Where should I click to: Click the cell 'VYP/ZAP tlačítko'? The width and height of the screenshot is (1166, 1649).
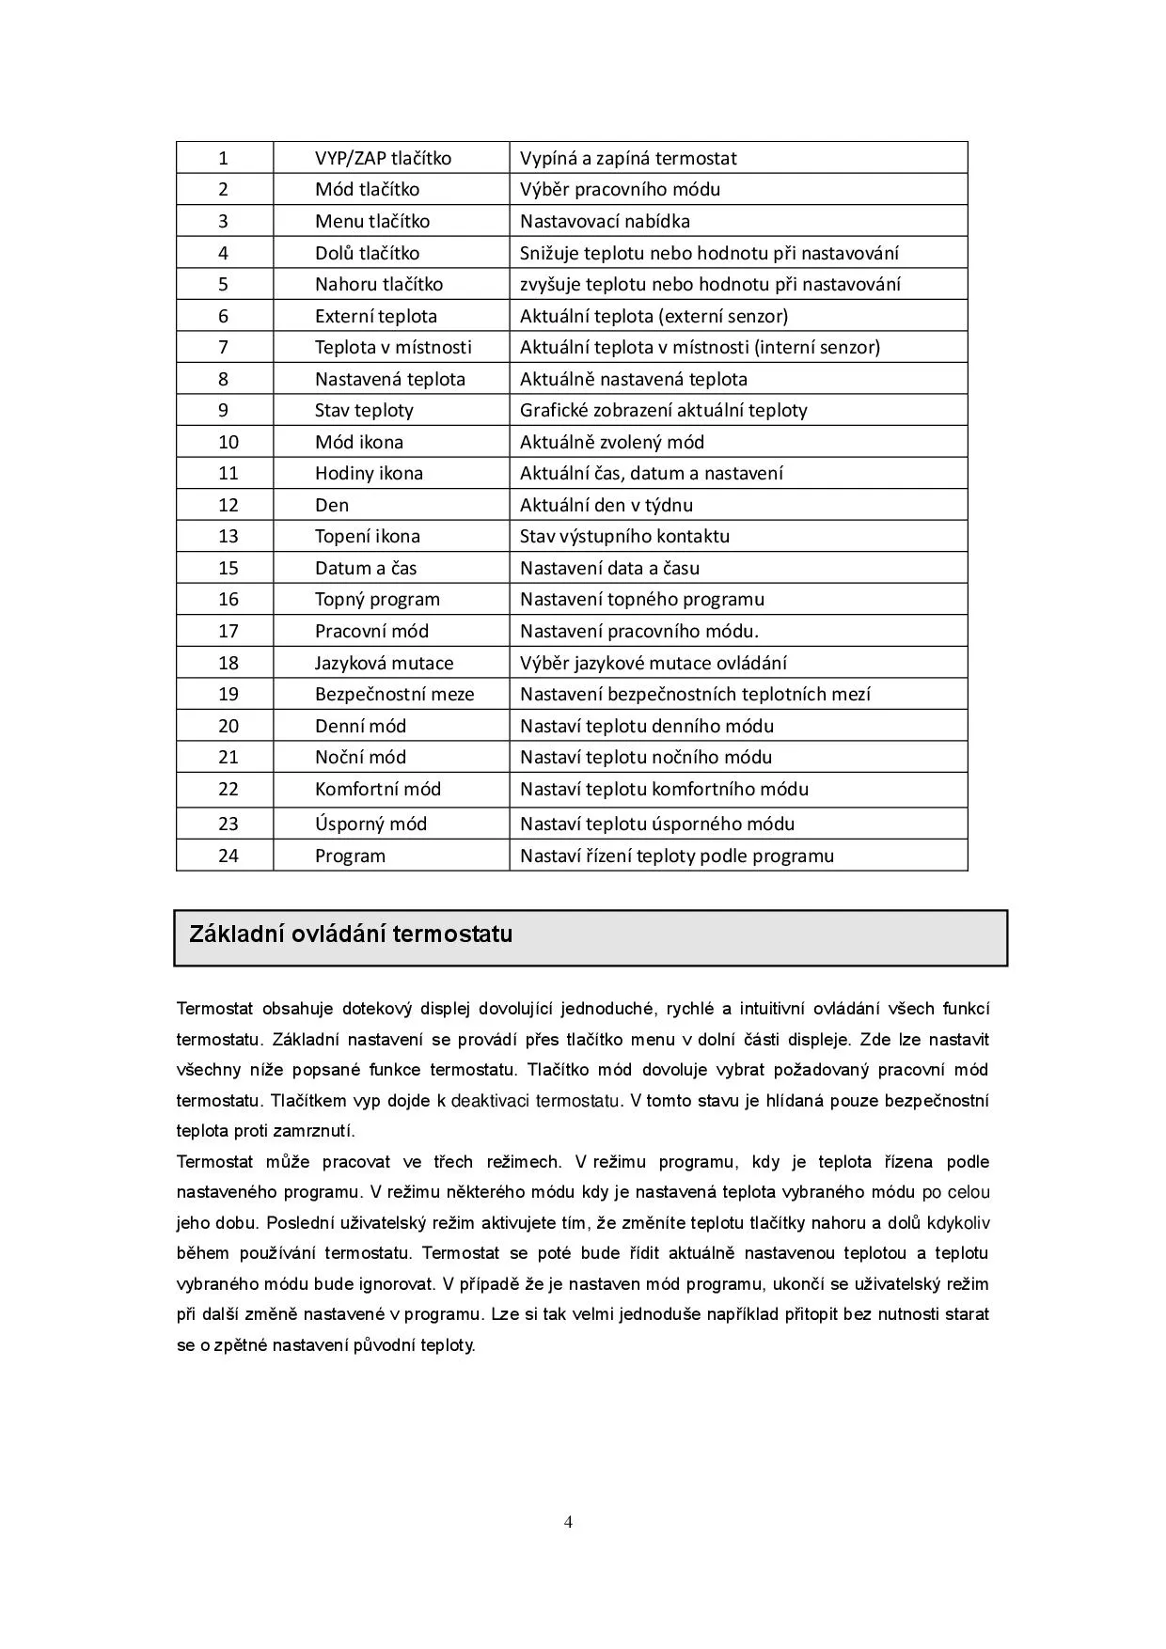click(x=383, y=158)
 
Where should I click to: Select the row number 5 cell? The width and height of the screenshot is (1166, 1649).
click(x=224, y=284)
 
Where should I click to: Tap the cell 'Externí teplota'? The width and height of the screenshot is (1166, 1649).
click(x=375, y=316)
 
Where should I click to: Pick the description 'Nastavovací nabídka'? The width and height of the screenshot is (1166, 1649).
click(x=605, y=221)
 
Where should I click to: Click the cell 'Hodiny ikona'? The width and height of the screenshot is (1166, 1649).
click(x=369, y=473)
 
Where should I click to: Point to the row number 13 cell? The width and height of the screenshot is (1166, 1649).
click(x=228, y=536)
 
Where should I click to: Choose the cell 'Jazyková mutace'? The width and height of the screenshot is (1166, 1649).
click(x=384, y=663)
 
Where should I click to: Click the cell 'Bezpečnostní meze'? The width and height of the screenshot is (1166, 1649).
click(x=394, y=694)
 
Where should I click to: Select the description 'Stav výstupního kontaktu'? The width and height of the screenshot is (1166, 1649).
click(x=624, y=536)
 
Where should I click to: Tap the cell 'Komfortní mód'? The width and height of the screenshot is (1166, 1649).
click(x=377, y=789)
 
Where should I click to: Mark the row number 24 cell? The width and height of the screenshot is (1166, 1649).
click(x=228, y=856)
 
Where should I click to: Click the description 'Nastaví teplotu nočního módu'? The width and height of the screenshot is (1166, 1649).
click(x=646, y=757)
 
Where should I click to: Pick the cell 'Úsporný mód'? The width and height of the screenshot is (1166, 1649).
click(x=370, y=824)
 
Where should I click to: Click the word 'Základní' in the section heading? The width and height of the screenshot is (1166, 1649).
click(x=228, y=934)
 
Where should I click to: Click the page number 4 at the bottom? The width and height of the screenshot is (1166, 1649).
click(x=568, y=1522)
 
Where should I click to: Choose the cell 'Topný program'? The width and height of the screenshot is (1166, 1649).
click(x=377, y=599)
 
